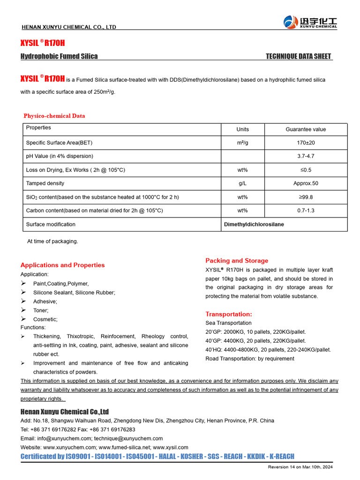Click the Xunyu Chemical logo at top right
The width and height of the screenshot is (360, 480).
[310, 22]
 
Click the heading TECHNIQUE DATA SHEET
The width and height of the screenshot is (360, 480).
[299, 56]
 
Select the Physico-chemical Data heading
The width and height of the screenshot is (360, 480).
[54, 116]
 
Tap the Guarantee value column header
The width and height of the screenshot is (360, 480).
[306, 129]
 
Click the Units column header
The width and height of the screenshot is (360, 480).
[243, 129]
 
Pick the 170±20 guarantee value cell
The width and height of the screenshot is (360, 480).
[306, 142]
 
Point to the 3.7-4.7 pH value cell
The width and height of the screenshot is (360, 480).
[306, 156]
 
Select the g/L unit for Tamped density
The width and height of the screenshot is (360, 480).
[243, 183]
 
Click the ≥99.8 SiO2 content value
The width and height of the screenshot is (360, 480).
[306, 197]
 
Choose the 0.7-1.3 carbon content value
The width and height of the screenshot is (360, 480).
[306, 210]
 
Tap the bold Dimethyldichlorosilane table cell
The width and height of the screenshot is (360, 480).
[254, 225]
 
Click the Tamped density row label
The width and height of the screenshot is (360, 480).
[45, 183]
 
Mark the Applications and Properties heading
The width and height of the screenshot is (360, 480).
[63, 265]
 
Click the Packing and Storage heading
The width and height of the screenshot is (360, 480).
[237, 261]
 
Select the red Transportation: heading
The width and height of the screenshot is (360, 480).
[229, 314]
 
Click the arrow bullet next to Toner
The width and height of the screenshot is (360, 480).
[23, 310]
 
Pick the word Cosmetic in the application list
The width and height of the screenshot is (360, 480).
[45, 319]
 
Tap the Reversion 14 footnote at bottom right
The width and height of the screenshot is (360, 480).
[300, 467]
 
